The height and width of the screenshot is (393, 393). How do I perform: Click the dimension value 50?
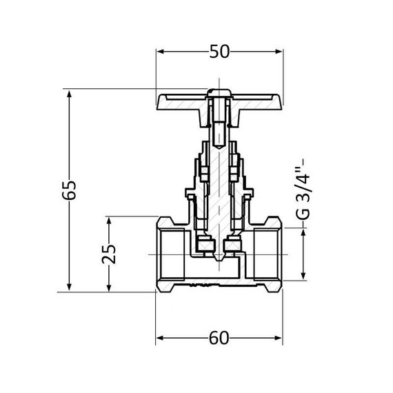point(220,52)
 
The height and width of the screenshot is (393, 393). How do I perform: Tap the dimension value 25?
point(108,254)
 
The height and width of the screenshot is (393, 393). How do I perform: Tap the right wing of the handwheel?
point(259,103)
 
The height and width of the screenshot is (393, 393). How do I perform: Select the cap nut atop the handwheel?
point(219,92)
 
